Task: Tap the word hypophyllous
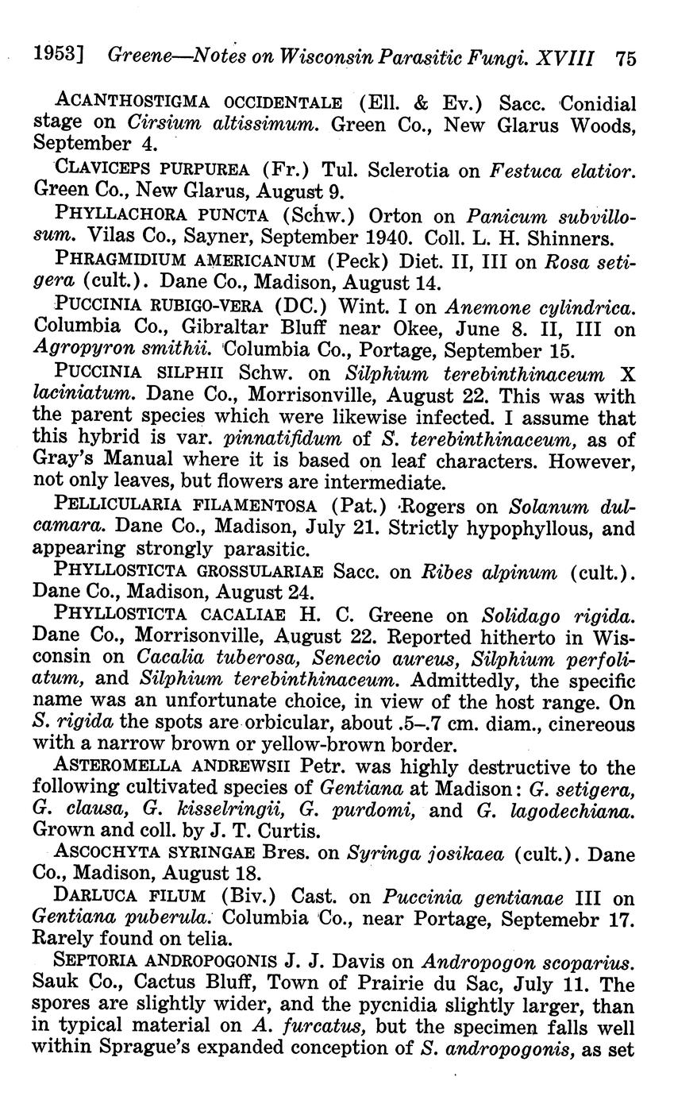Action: (x=528, y=527)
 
